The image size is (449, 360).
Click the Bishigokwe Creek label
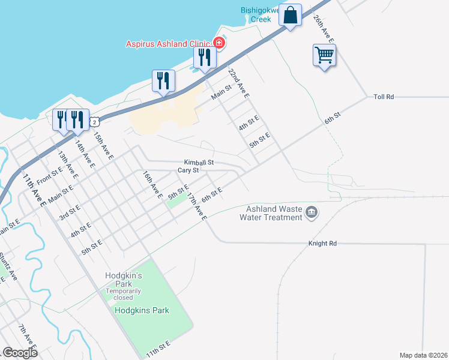click(x=265, y=14)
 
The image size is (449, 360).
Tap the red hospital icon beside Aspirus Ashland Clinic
click(x=219, y=43)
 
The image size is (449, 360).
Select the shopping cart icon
click(x=324, y=56)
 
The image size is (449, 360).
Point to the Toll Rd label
click(x=383, y=97)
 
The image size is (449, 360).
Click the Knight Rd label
click(x=322, y=243)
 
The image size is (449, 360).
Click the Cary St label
click(x=188, y=170)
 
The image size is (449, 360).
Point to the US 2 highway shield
click(x=95, y=122)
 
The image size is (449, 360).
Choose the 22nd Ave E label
click(x=238, y=83)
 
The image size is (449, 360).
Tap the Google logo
click(x=20, y=352)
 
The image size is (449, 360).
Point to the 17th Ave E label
click(x=196, y=206)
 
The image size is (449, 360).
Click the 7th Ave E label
click(x=28, y=338)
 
